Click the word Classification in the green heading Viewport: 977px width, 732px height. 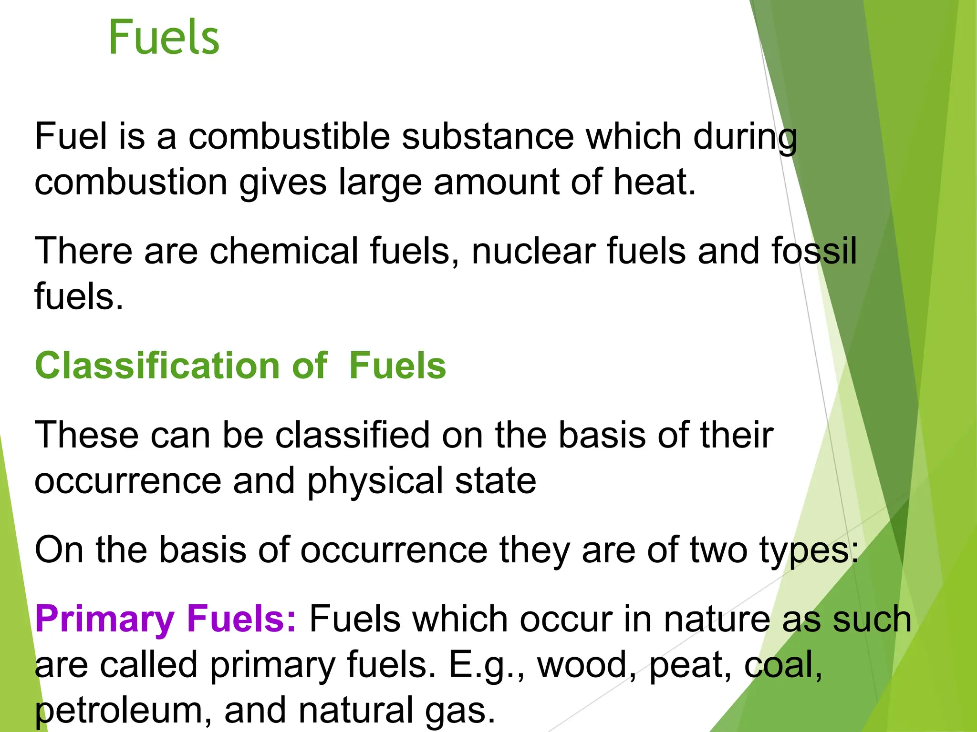tap(157, 366)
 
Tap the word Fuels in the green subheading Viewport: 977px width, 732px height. tap(397, 366)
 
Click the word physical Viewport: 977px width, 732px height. tap(375, 481)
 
